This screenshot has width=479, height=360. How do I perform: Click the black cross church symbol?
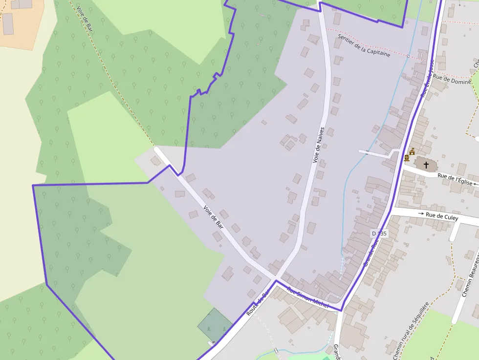(x=426, y=165)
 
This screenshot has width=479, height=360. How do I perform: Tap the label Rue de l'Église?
(x=455, y=179)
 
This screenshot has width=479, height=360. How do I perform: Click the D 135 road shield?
(x=379, y=233)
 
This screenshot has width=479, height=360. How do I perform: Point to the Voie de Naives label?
(x=319, y=145)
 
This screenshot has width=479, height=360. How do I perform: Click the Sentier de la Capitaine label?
(x=365, y=46)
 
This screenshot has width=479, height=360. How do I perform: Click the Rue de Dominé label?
(x=452, y=79)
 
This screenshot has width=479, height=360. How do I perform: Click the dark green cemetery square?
(x=215, y=324)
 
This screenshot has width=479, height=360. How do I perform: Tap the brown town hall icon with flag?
(x=412, y=151)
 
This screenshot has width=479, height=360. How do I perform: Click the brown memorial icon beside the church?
(x=406, y=158)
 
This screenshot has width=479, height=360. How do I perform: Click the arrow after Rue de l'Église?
(x=476, y=184)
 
